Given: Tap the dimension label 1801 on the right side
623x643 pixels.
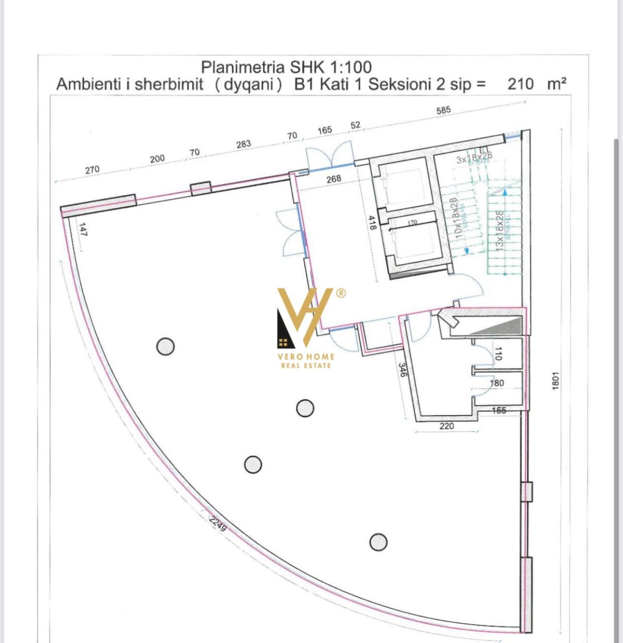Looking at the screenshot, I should [x=556, y=380].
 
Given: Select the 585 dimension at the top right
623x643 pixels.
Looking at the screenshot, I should [x=443, y=110].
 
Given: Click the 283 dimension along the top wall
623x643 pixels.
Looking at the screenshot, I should [x=244, y=144].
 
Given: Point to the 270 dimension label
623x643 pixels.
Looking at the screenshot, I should [x=92, y=170].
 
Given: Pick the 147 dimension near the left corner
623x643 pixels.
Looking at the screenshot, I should [x=82, y=229].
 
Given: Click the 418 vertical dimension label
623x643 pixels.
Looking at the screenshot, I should [x=373, y=223].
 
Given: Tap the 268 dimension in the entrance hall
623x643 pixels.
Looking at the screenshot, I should [x=334, y=179].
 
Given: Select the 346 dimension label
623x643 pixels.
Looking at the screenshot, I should [x=402, y=370].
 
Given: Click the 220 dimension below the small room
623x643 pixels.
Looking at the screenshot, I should [x=446, y=426].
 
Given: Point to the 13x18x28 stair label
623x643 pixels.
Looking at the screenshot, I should [x=498, y=230].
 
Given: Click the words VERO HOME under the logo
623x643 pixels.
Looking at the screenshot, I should [x=306, y=356].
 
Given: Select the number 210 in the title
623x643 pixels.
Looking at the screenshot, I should [x=520, y=84].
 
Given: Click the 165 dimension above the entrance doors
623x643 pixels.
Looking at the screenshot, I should [x=325, y=130].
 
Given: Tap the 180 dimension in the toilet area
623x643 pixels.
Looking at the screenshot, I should [x=497, y=383].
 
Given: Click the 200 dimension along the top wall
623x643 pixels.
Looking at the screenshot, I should [x=157, y=159].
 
